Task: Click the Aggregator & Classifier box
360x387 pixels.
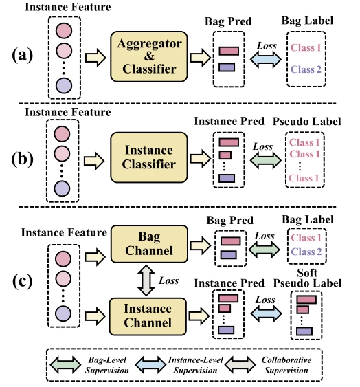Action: tap(149, 56)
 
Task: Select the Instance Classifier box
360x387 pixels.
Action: tap(149, 157)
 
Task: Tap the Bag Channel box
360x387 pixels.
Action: tap(149, 244)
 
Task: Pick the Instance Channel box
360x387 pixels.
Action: tap(148, 316)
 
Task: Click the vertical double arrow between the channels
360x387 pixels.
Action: tap(146, 280)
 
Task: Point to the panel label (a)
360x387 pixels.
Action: tap(22, 55)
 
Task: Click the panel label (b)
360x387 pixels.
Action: tap(22, 159)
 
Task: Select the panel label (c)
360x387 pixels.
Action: tap(22, 281)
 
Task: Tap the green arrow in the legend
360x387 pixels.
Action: tap(65, 364)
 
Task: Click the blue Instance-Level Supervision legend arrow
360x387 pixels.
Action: tap(150, 364)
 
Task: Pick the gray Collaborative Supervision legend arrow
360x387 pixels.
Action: tap(240, 364)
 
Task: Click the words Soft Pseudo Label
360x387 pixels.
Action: tap(308, 278)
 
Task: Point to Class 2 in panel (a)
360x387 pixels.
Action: tap(306, 69)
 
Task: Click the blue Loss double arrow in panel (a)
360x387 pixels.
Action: tap(265, 59)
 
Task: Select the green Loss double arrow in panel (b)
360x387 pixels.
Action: tap(265, 160)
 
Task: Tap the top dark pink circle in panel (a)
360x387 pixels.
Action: tap(64, 31)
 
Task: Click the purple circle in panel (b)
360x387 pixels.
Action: tap(63, 188)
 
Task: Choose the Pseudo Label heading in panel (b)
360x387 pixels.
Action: tap(307, 122)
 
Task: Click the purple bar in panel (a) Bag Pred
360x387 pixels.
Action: tap(227, 67)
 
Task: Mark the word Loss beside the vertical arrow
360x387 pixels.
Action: tap(169, 280)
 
